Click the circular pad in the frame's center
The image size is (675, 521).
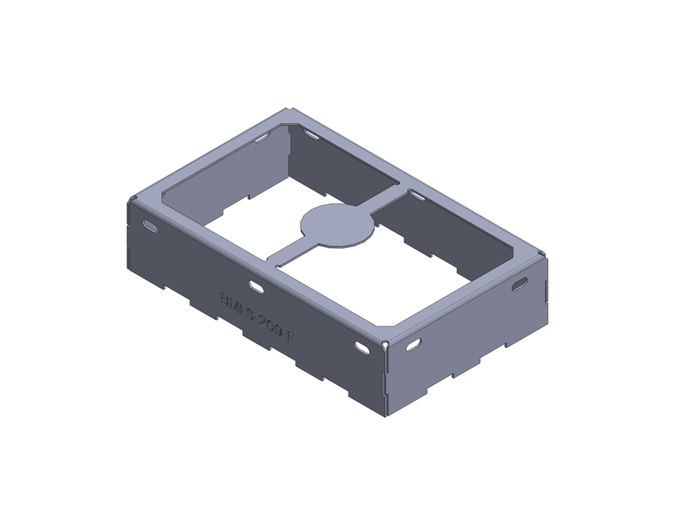pos(337,225)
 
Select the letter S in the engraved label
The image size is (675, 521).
pos(249,311)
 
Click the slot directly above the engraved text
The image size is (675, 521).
pos(256,288)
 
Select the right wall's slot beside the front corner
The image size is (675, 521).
pos(414,344)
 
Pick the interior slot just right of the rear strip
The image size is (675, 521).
pos(417,196)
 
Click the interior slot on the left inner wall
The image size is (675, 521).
pos(261,139)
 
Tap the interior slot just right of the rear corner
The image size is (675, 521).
pos(311,136)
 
